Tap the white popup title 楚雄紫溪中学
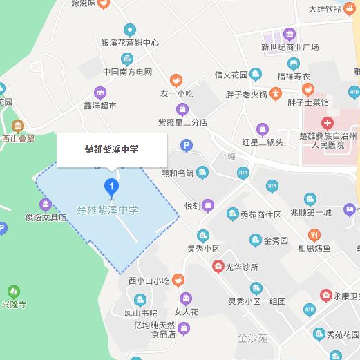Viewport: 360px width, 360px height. coord(112,149)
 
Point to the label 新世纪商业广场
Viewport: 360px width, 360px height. coord(290,48)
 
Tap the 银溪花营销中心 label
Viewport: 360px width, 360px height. coord(130,42)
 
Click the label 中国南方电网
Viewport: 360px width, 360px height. coord(127,72)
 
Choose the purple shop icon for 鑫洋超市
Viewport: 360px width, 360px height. coord(100,93)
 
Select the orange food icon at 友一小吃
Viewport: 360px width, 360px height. coord(176,79)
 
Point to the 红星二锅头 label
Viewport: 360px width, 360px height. coord(262,142)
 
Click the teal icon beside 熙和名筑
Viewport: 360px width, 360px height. coord(202,172)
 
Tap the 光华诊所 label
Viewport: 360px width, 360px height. coord(240,267)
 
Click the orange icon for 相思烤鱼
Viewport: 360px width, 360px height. coord(314,234)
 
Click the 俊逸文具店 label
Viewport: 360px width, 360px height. coord(46,217)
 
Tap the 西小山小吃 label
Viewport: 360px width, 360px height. coord(149,280)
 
